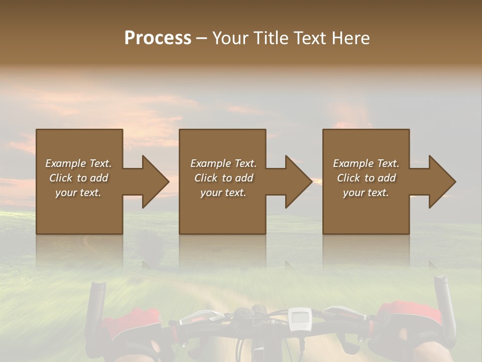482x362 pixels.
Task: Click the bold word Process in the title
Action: [x=158, y=38]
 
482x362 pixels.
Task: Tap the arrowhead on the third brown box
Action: [x=441, y=182]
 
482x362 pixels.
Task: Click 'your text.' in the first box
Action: [x=78, y=193]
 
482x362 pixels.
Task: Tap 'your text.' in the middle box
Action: [x=223, y=193]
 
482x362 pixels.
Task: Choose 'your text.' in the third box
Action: [x=366, y=193]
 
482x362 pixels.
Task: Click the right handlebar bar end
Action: [x=445, y=302]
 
